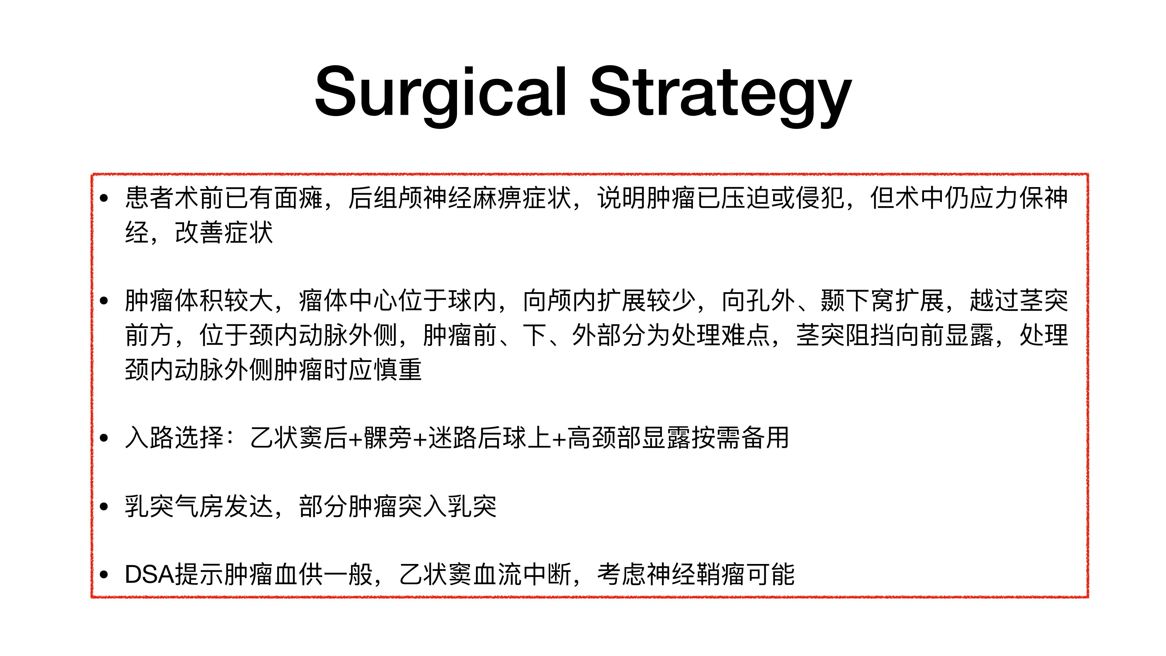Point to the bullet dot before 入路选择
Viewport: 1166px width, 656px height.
point(104,438)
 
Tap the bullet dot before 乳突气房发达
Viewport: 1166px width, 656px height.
point(104,506)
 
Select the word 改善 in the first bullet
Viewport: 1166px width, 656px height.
point(199,232)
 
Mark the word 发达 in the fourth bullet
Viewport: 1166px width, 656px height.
point(249,506)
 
